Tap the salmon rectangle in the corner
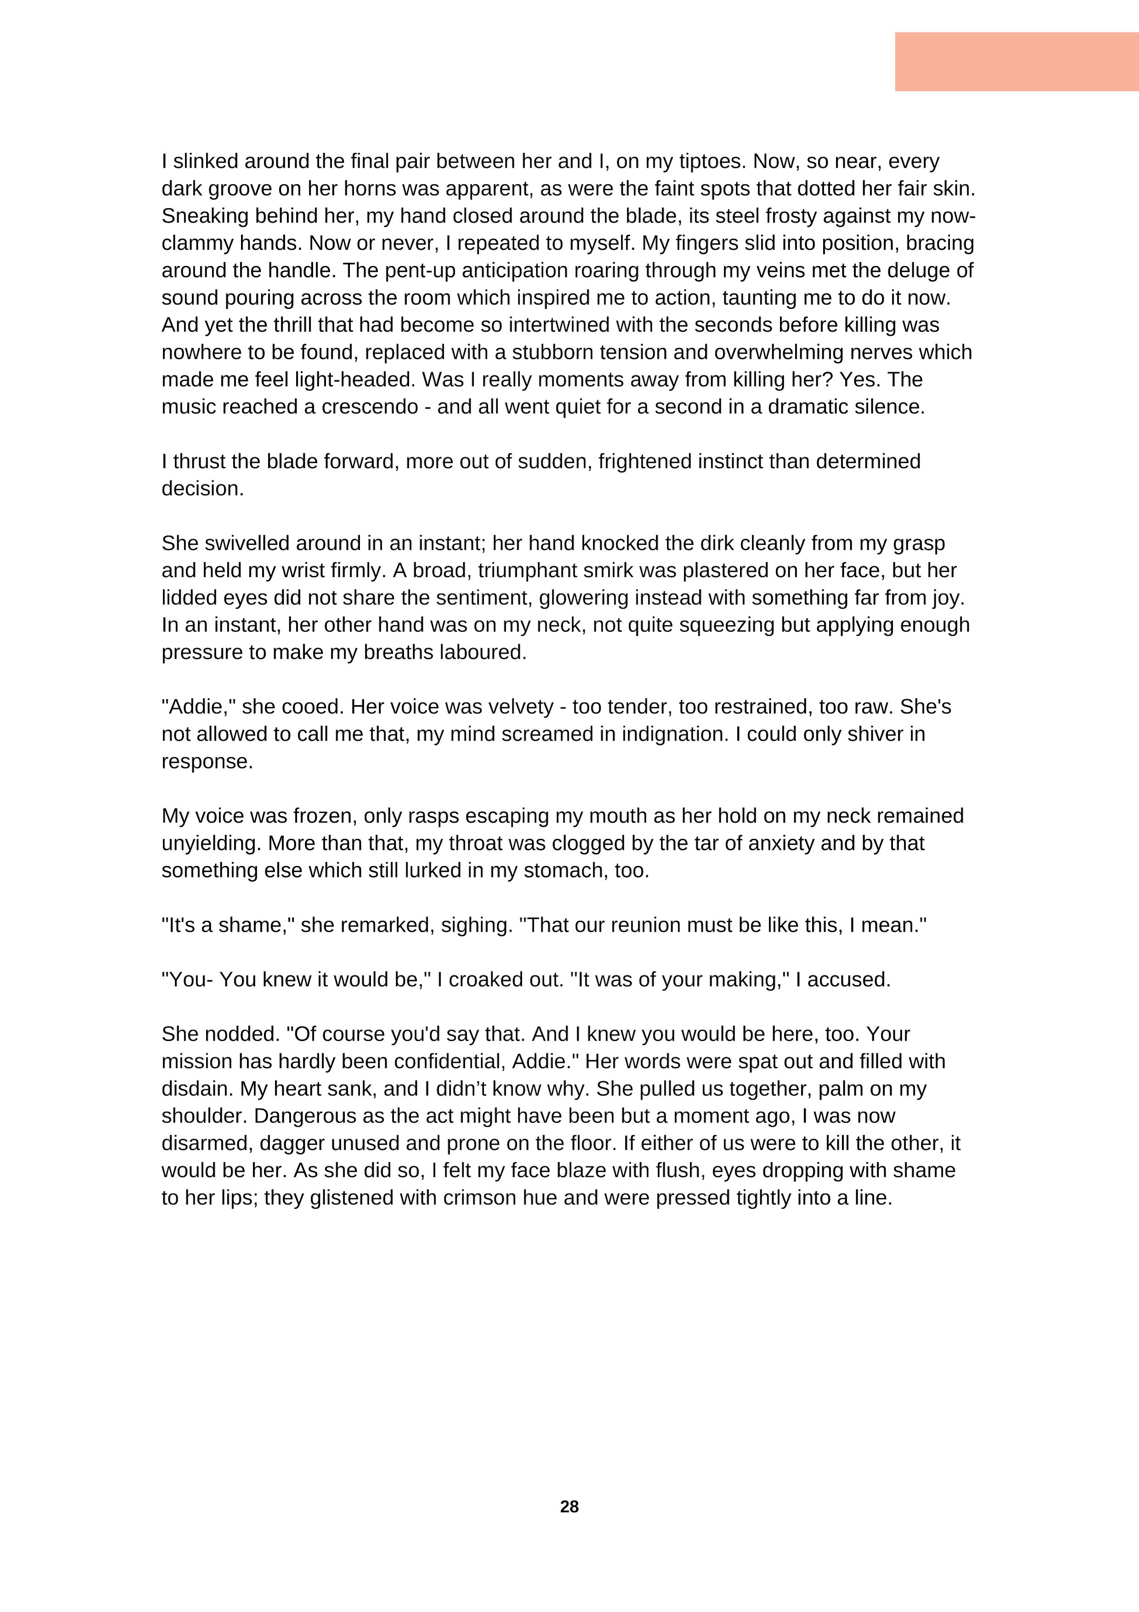tap(1016, 62)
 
